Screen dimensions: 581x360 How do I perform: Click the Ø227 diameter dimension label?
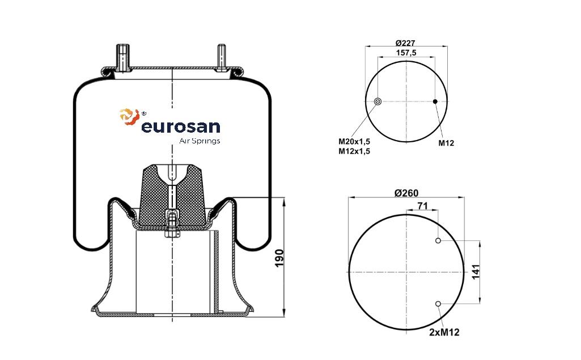[x=405, y=43]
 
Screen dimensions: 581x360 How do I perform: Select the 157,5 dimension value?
[x=406, y=53]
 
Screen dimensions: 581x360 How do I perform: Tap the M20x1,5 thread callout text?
[x=354, y=141]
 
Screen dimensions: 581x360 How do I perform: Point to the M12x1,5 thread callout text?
[x=354, y=151]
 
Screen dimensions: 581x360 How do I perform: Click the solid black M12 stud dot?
[x=435, y=101]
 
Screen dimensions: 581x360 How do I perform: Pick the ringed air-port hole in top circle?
[x=378, y=101]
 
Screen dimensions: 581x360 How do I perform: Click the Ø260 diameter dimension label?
[x=406, y=193]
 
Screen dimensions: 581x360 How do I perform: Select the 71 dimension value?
[x=422, y=206]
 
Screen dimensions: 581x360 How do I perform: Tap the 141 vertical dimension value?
[x=476, y=272]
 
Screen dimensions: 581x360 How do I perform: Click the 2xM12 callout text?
[x=444, y=332]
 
